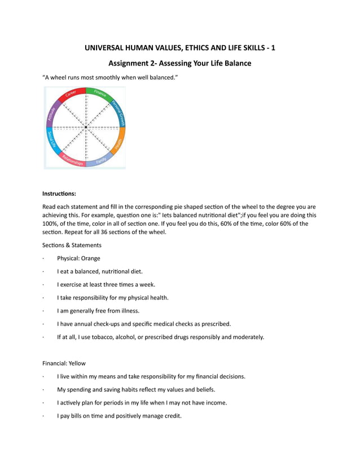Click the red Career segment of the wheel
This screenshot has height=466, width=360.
pyautogui.click(x=71, y=93)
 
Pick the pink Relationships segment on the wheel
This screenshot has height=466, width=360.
pyautogui.click(x=72, y=161)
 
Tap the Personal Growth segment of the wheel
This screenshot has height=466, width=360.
pyautogui.click(x=119, y=112)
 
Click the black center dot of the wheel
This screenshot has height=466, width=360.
pyautogui.click(x=86, y=128)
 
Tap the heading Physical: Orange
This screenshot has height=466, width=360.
pyautogui.click(x=78, y=258)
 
